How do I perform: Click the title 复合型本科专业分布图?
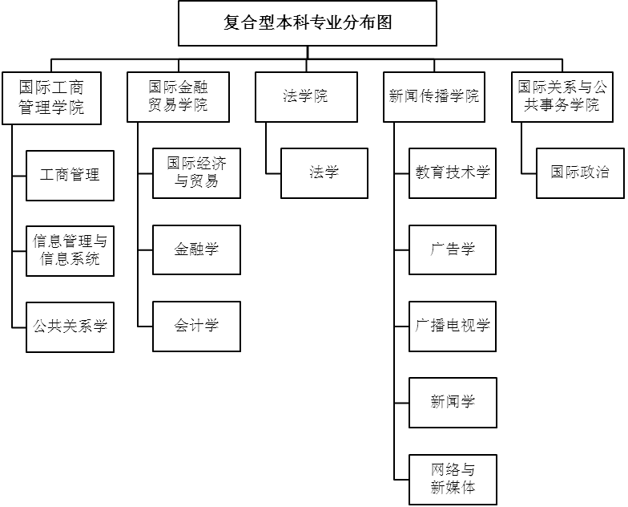(308, 23)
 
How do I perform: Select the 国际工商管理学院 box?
(51, 98)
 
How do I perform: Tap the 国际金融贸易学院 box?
(178, 97)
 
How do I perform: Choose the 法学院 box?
(306, 97)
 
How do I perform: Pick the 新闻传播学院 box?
(434, 97)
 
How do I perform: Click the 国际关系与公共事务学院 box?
(562, 97)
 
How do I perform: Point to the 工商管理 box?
(70, 174)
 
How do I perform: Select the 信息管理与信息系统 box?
(70, 250)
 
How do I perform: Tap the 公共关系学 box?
(70, 327)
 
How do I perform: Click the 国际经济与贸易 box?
(196, 173)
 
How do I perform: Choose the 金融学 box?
(196, 249)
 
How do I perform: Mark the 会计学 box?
(196, 326)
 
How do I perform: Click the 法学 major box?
(324, 173)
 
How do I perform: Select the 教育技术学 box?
(453, 173)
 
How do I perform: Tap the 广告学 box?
(453, 249)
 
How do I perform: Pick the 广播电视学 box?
(453, 326)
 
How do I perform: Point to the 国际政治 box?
(580, 173)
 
